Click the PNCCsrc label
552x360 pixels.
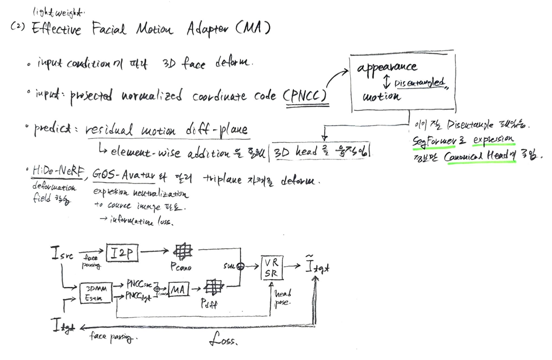[140, 285]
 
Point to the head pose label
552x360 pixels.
[283, 297]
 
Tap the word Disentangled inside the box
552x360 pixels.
[419, 82]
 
